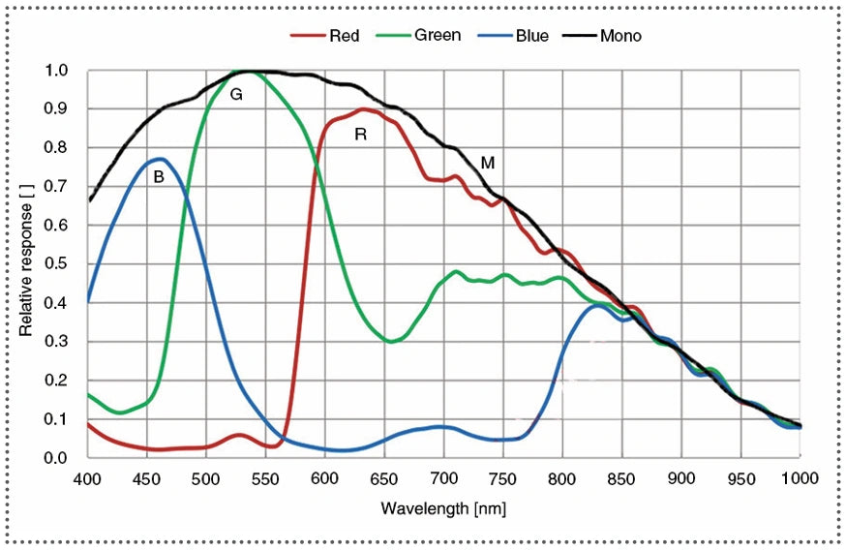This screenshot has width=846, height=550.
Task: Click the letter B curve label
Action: point(159,178)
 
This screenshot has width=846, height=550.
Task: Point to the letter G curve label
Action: point(235,94)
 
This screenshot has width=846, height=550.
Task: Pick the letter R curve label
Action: point(360,135)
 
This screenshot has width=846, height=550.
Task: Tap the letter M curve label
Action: point(488,164)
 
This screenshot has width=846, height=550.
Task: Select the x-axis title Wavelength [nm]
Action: point(442,508)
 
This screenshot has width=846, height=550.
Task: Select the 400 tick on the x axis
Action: point(87,478)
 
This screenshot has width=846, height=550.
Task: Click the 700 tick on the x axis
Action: point(442,478)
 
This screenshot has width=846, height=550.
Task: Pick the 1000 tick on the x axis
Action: point(799,478)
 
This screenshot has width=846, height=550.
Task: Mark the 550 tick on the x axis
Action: point(265,478)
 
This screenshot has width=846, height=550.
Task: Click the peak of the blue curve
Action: point(160,159)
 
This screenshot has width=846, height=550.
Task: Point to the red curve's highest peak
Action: point(363,108)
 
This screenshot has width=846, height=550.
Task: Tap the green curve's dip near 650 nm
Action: point(390,342)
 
